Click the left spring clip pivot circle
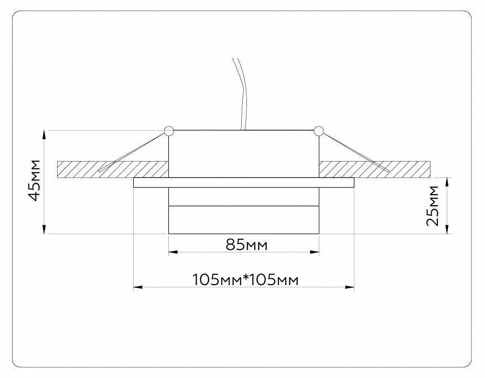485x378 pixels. pyautogui.click(x=168, y=131)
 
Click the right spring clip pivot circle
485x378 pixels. pyautogui.click(x=318, y=131)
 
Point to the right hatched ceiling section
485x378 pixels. pyautogui.click(x=375, y=169)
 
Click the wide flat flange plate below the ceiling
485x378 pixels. pyautogui.click(x=243, y=183)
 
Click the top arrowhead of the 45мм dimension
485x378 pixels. pyautogui.click(x=45, y=134)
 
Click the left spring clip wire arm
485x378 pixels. pyautogui.click(x=134, y=152)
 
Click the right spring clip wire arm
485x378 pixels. pyautogui.click(x=354, y=152)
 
